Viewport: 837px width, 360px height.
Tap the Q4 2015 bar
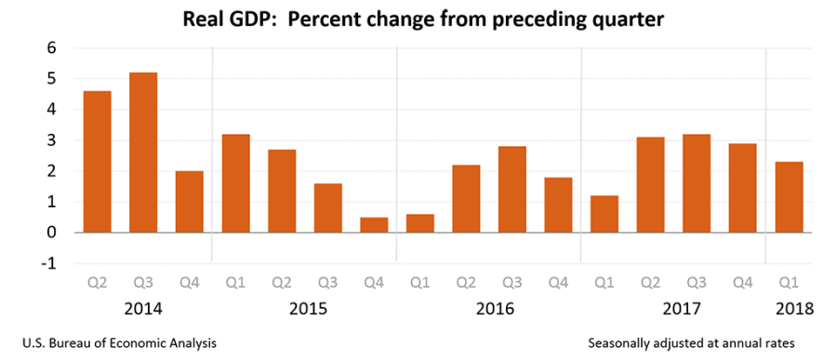pos(374,224)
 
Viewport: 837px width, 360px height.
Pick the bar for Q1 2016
pos(420,223)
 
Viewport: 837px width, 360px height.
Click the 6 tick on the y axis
pos(52,48)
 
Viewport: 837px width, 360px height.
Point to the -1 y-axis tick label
pos(49,263)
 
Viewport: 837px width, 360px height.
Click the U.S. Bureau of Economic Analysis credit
pos(116,343)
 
